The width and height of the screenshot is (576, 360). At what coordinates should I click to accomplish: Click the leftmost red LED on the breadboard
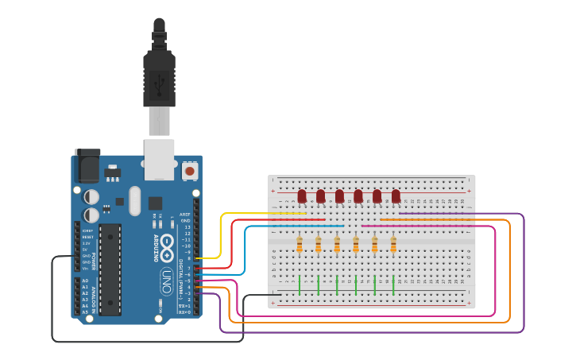pos(302,195)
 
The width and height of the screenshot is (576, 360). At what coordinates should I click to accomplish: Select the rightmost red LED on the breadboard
pos(396,195)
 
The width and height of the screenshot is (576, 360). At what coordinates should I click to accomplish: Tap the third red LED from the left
pos(339,195)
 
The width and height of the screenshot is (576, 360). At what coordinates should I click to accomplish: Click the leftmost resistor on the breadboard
pos(300,245)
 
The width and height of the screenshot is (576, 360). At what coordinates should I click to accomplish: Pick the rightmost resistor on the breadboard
pos(393,245)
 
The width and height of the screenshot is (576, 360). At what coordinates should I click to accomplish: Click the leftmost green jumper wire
pos(300,285)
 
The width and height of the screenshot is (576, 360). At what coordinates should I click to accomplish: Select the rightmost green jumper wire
pos(393,285)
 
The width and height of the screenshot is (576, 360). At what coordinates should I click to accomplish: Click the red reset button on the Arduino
pos(189,170)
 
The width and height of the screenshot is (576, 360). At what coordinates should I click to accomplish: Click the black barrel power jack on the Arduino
pos(87,167)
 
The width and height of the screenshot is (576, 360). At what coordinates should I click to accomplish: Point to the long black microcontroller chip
pos(110,269)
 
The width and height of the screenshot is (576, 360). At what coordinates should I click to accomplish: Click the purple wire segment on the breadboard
pos(429,213)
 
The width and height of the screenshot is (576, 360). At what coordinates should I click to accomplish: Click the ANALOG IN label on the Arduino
pos(94,297)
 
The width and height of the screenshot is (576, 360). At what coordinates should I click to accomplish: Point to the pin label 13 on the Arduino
pos(187,226)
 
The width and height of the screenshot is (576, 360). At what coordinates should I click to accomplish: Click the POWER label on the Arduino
pos(94,261)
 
